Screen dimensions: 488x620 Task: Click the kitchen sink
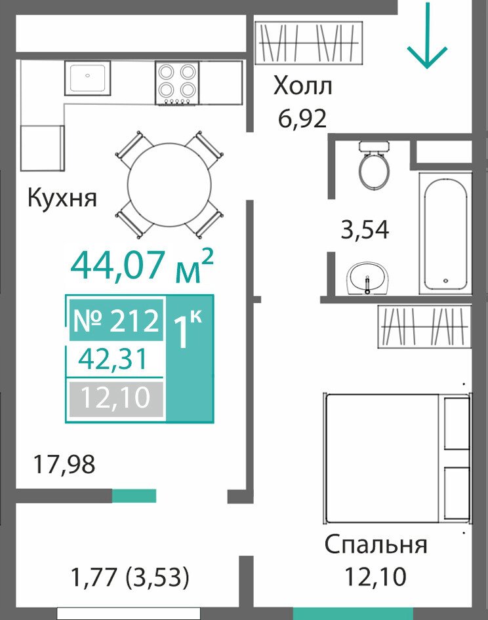(x=88, y=78)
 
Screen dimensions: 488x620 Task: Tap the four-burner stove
(x=177, y=83)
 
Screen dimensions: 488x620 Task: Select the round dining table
(x=169, y=184)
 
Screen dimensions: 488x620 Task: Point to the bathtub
(x=445, y=234)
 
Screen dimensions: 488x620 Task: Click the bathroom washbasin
(x=369, y=279)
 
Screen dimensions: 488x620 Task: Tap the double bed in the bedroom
(x=397, y=458)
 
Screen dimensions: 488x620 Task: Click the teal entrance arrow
(x=427, y=35)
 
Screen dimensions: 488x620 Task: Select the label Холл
(x=303, y=86)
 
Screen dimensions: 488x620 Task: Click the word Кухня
(x=62, y=197)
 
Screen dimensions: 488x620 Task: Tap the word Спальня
(x=376, y=545)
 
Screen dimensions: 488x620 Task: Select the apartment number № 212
(x=116, y=320)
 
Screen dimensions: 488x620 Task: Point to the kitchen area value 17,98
(x=64, y=464)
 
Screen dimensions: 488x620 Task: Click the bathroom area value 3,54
(x=365, y=230)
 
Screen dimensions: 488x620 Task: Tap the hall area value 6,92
(x=302, y=118)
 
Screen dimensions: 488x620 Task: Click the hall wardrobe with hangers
(x=309, y=43)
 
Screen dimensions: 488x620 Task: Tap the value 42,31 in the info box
(x=113, y=359)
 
